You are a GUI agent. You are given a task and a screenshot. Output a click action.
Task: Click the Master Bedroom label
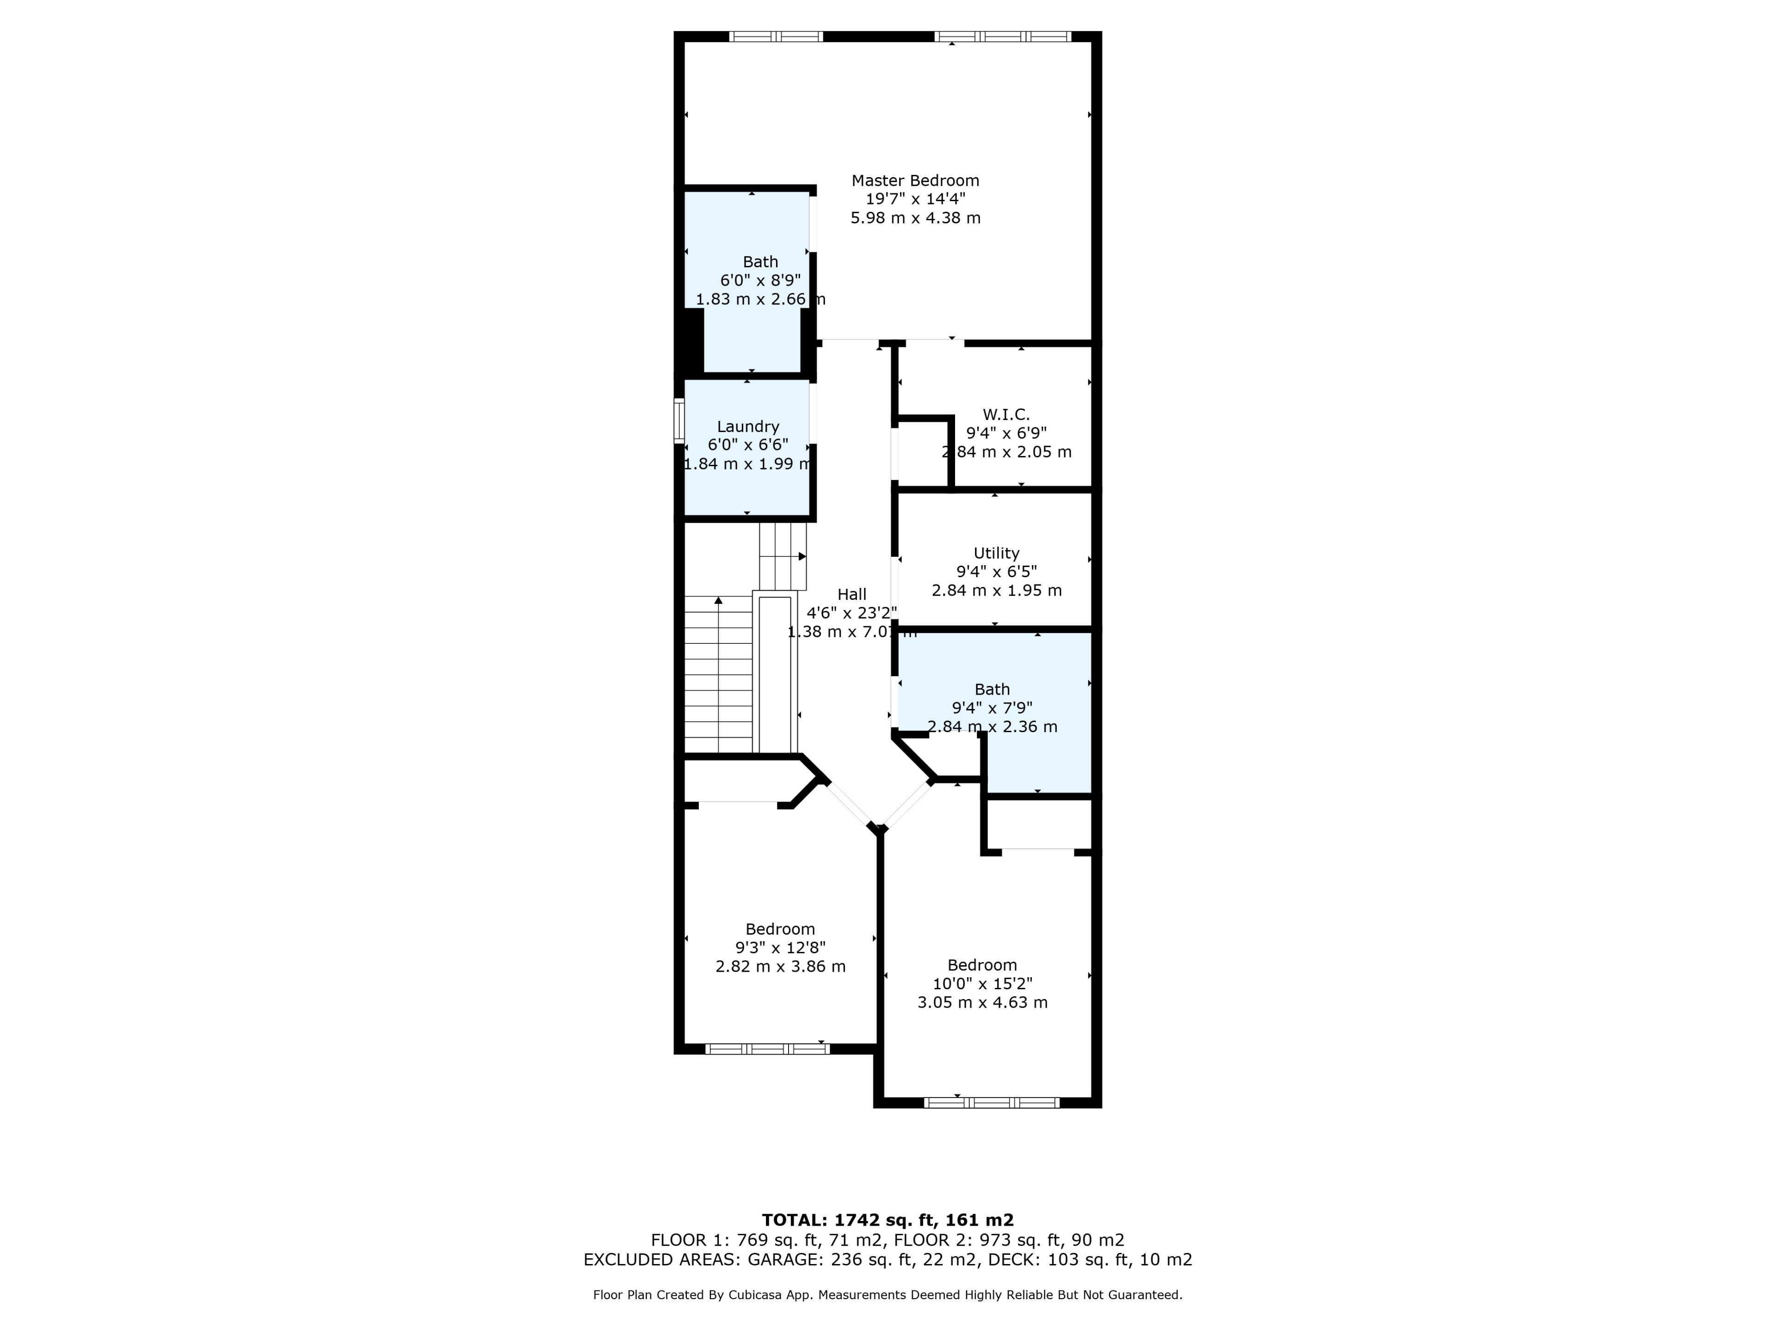[x=915, y=181]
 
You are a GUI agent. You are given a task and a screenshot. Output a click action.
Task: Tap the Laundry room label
[x=747, y=426]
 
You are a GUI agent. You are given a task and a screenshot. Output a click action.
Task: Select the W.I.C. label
[x=1006, y=414]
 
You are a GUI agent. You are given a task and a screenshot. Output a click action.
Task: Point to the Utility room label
[x=996, y=553]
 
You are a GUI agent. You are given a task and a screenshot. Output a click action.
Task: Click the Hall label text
[x=852, y=594]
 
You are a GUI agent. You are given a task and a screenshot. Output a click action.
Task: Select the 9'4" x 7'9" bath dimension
[x=993, y=708]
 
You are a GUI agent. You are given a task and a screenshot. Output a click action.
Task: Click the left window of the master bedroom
[x=776, y=36]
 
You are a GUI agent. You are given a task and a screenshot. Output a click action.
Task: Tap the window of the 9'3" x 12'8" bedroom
[x=767, y=1048]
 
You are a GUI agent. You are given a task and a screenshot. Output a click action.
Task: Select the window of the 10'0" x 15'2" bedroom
[x=992, y=1103]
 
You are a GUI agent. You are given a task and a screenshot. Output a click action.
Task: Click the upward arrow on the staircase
[x=719, y=600]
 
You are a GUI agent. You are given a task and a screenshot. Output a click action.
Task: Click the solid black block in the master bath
[x=689, y=339]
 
